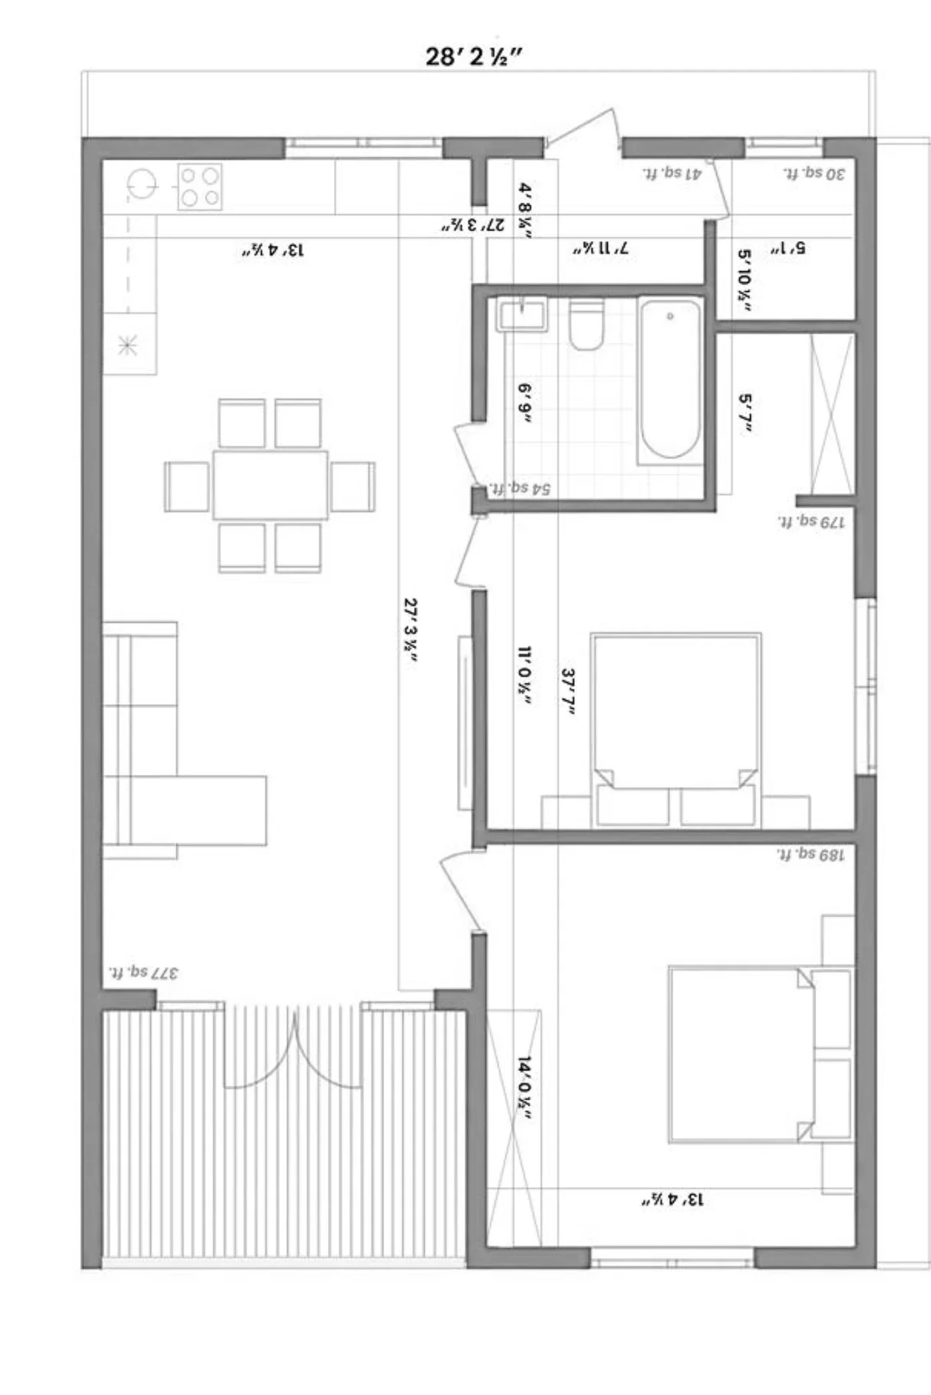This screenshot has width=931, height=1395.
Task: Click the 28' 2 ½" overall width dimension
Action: click(x=473, y=56)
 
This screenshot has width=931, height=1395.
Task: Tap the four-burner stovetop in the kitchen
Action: click(x=200, y=186)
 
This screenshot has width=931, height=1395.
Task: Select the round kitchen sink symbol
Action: click(x=142, y=184)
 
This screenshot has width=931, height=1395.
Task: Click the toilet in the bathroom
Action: click(x=586, y=325)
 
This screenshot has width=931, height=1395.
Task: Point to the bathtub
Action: click(x=670, y=379)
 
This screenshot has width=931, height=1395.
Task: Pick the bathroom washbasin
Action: click(x=522, y=314)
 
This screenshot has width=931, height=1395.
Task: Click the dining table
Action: click(x=270, y=485)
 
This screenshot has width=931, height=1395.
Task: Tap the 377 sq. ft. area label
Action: click(x=144, y=971)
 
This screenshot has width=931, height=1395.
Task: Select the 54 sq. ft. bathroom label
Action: click(x=521, y=488)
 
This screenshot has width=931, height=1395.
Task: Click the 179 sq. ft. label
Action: click(x=811, y=521)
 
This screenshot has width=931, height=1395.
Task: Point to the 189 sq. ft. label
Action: click(x=811, y=854)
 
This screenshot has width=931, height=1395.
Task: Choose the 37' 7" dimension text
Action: click(x=569, y=692)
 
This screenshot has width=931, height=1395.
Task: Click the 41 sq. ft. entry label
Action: click(x=672, y=173)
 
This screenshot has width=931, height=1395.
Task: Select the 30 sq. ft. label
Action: click(x=814, y=173)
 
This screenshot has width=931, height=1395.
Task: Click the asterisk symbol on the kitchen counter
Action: click(x=128, y=346)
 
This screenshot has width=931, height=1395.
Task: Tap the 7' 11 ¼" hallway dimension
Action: click(x=600, y=249)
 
